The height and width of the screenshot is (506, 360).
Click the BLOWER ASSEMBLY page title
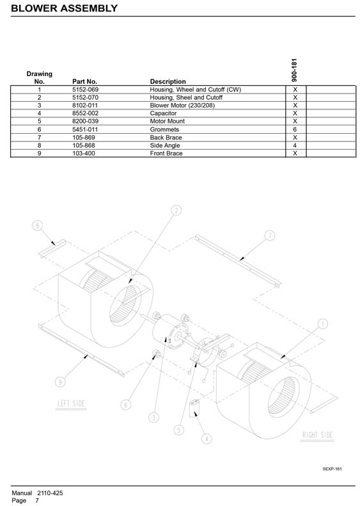(64, 8)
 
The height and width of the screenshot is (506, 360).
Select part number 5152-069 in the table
(85, 90)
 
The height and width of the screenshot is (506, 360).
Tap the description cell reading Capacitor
(163, 113)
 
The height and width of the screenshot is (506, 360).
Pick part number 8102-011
(85, 105)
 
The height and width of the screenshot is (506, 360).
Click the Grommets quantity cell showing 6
(295, 129)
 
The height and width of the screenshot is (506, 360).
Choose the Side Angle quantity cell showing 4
(295, 145)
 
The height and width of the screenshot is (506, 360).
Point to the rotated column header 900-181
(294, 70)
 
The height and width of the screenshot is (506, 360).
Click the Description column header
(168, 81)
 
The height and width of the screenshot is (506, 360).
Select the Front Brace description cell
(166, 154)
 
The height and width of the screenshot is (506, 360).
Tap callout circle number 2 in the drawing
(176, 210)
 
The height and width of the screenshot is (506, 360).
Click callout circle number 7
(270, 235)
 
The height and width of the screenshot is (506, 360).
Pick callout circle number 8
(38, 225)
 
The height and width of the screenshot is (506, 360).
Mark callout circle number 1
(322, 324)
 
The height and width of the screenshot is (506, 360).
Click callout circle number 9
(60, 382)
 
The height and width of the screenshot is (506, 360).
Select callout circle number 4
(207, 439)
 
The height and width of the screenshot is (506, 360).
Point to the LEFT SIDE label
(71, 404)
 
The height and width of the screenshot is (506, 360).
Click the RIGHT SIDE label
(317, 435)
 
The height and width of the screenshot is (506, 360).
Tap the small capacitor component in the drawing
(194, 408)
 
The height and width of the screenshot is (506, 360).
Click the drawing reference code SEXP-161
(332, 469)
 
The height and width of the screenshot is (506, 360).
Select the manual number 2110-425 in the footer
(50, 493)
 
